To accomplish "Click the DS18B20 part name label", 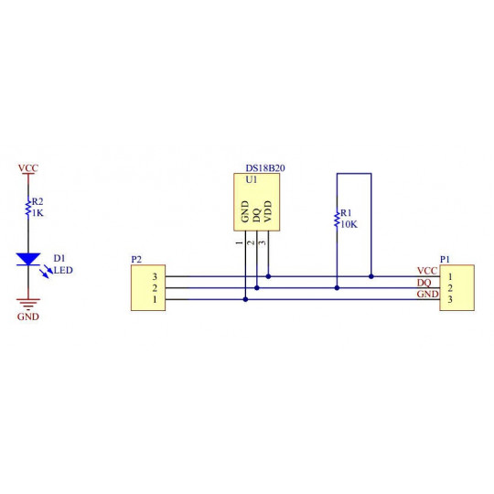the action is pos(265,168).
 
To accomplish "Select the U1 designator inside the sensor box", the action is pos(252,179).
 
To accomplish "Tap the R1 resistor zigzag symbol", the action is pos(337,219).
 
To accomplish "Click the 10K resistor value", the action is pos(349,224).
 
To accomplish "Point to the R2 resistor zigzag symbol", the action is pos(28,208).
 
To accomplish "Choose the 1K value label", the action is pos(38,213).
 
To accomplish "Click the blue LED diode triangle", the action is pos(28,259).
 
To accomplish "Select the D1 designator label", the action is pos(59,258).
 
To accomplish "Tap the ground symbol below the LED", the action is pos(28,304).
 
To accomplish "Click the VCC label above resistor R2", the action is pos(28,168).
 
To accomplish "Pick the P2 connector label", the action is pos(136,259).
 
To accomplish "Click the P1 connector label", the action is pos(445,259).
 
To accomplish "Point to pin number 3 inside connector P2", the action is pos(155,276).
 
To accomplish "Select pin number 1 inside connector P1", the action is pos(450,276).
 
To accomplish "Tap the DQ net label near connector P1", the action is pos(424,283).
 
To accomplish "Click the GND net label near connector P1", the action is pos(427,294).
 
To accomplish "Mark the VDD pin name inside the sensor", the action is pos(267,211).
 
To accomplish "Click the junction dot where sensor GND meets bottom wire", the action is pos(245,299).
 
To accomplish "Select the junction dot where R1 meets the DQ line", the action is pos(337,287).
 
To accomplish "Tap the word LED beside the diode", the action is pos(63,270).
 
